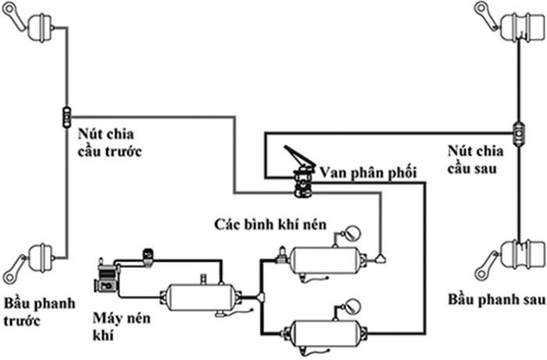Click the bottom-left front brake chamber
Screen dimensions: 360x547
point(38,257)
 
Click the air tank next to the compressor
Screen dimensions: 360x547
point(198,297)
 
